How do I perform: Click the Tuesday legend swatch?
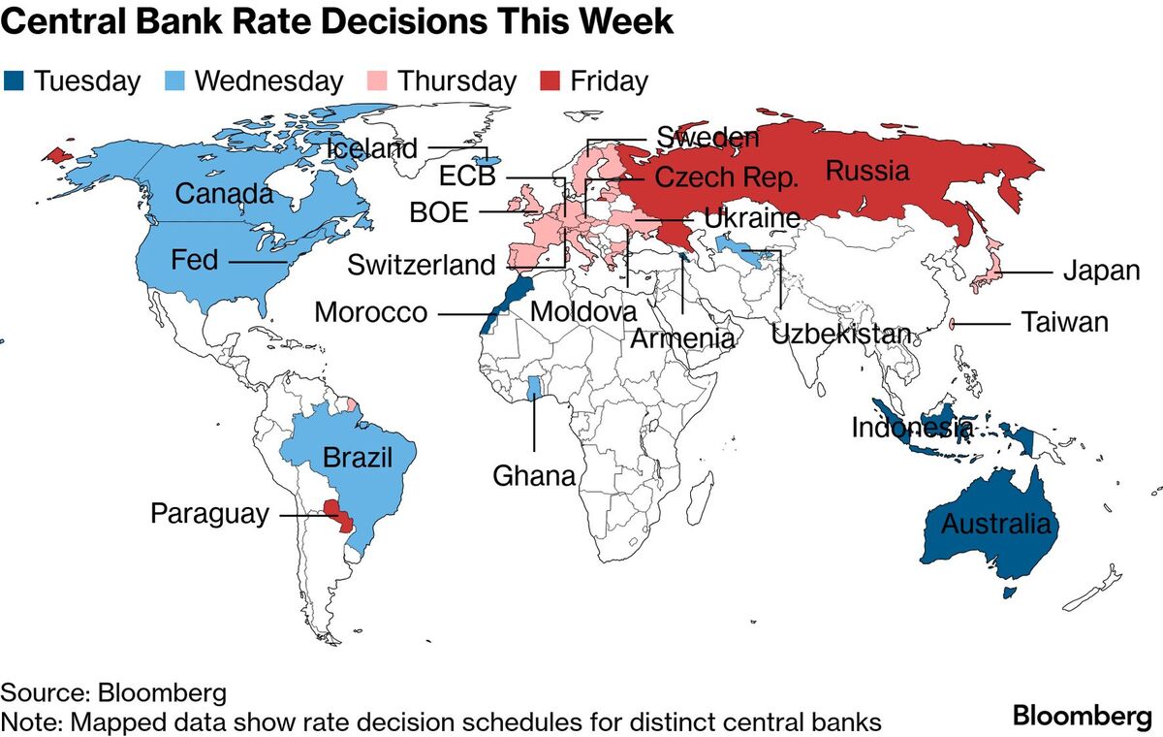click(14, 80)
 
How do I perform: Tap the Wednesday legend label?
click(268, 80)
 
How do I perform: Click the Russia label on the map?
click(867, 172)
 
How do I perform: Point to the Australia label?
click(996, 525)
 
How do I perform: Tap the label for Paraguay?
click(209, 513)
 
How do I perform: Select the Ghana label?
click(534, 476)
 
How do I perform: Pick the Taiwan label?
click(1064, 323)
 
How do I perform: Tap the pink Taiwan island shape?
click(952, 324)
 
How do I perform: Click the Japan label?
click(1101, 272)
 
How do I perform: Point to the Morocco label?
click(370, 313)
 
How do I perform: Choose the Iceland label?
click(372, 148)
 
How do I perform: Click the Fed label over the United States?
click(194, 260)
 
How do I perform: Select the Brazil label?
click(358, 458)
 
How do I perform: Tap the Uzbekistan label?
click(841, 336)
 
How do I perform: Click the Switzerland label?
click(421, 265)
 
